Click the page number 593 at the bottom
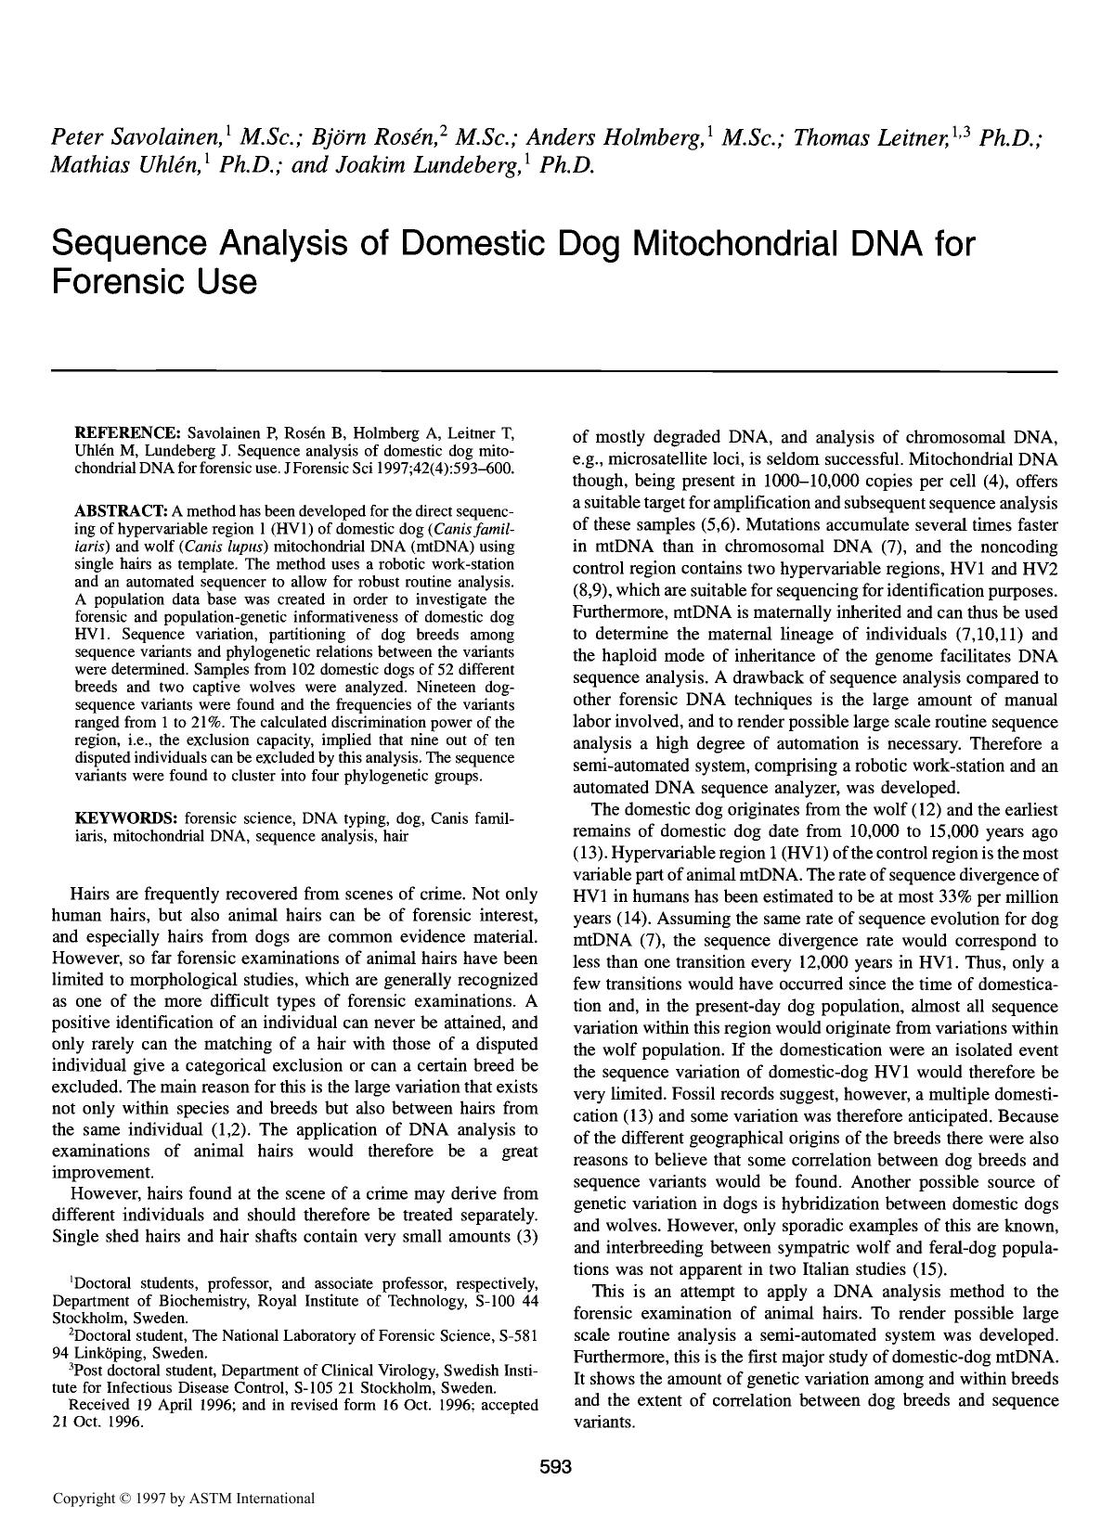555,1468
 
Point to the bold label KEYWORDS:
125,818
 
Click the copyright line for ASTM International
184,1499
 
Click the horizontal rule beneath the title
555,371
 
